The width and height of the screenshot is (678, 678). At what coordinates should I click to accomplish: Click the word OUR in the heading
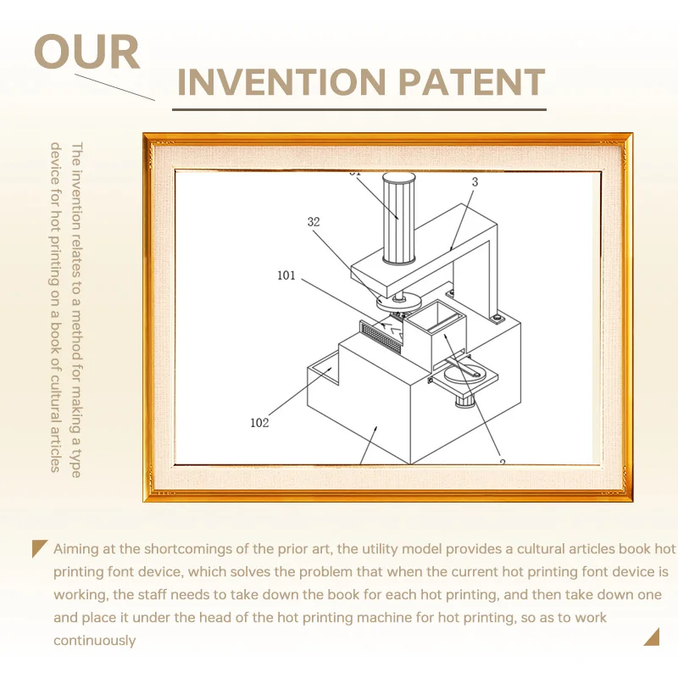87,52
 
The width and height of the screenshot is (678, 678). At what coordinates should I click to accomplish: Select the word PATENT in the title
471,81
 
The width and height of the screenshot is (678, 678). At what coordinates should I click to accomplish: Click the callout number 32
314,222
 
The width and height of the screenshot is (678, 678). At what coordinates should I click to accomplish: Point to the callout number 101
286,275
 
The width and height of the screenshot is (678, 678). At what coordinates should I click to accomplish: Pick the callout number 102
259,422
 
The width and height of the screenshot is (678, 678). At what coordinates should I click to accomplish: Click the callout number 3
475,182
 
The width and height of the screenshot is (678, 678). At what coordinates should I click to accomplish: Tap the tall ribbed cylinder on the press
398,219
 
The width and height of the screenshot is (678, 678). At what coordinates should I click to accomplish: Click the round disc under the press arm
398,302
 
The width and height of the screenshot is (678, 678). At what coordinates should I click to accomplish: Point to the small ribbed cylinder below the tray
464,400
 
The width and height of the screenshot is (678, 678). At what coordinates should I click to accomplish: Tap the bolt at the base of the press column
497,319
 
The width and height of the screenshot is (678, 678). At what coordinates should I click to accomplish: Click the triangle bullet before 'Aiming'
39,548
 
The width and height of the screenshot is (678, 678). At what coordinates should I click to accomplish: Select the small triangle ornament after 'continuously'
652,637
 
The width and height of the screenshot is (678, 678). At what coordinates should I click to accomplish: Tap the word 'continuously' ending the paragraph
94,641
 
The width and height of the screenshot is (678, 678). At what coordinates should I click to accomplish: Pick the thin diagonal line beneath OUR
114,87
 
